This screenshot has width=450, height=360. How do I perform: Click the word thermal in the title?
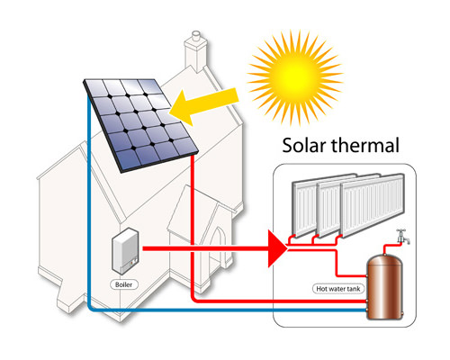(x=365, y=145)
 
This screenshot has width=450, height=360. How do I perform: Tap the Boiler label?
(x=123, y=284)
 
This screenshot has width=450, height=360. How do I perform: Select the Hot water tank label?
(x=338, y=289)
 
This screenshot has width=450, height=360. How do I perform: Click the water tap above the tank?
(x=402, y=236)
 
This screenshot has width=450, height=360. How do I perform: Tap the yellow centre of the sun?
(x=295, y=77)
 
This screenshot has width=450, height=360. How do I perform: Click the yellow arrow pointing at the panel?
(x=204, y=104)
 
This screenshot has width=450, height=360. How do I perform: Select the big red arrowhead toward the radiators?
(x=277, y=248)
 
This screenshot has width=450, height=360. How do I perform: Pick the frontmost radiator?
(x=373, y=205)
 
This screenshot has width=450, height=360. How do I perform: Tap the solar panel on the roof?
(x=140, y=125)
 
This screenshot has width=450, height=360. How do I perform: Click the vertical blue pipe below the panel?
(x=89, y=201)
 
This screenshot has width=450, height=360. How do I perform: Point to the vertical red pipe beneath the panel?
(x=193, y=227)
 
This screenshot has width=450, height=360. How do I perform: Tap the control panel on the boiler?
(x=131, y=264)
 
